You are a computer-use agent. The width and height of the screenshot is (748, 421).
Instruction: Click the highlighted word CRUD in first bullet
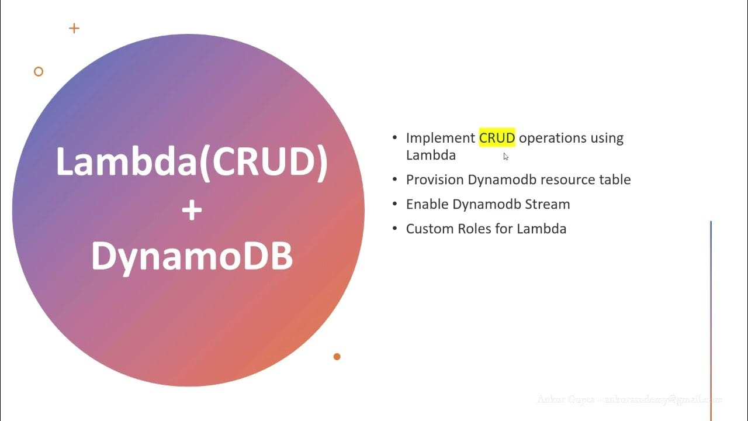tap(497, 138)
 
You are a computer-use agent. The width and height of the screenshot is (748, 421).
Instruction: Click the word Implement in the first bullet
tap(440, 138)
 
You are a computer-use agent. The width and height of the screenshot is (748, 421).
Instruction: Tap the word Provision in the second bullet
tap(435, 180)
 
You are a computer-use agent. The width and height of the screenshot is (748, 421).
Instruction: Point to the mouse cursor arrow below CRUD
tap(505, 156)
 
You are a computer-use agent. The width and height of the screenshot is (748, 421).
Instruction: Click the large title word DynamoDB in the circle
tap(192, 256)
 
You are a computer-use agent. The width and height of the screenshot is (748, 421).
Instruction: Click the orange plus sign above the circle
tap(74, 28)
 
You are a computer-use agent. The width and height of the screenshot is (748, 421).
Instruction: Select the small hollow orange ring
tap(39, 71)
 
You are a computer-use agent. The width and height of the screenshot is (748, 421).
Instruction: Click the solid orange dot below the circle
tap(337, 357)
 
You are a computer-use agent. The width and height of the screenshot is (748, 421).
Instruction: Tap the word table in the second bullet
tap(615, 180)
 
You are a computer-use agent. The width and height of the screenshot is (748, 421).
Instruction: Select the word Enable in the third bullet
tap(427, 204)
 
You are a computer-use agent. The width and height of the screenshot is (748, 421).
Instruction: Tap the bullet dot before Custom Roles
tap(394, 229)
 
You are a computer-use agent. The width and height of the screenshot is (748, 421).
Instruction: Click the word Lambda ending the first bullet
tap(431, 156)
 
